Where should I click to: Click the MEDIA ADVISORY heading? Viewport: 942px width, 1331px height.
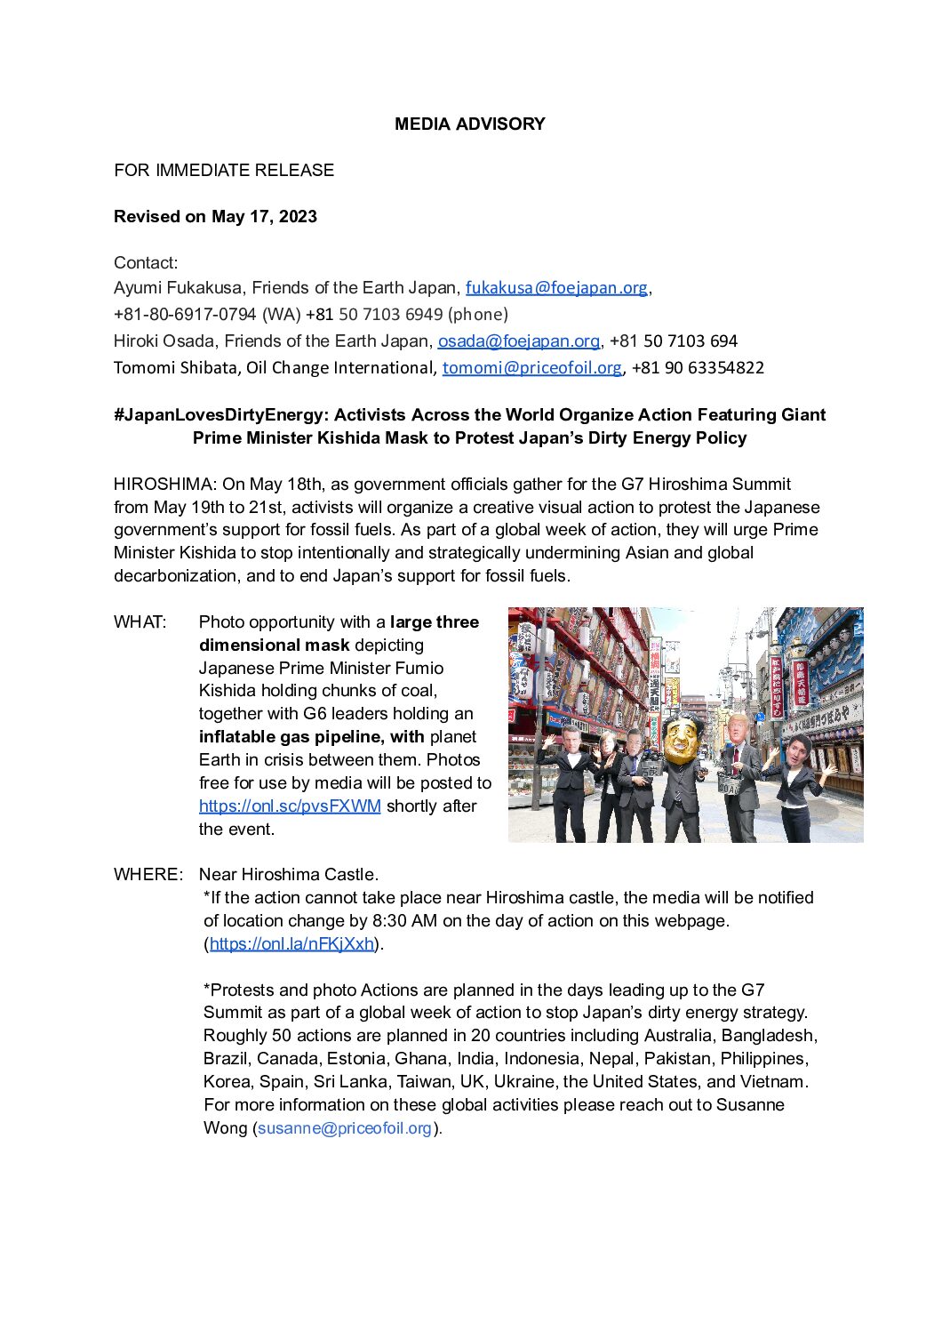pyautogui.click(x=469, y=124)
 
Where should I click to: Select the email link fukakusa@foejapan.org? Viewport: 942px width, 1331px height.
pyautogui.click(x=556, y=288)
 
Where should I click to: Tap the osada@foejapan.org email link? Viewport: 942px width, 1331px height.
pyautogui.click(x=518, y=341)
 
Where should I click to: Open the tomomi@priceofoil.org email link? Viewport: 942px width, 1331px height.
pyautogui.click(x=531, y=368)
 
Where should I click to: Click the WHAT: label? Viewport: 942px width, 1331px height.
pyautogui.click(x=140, y=622)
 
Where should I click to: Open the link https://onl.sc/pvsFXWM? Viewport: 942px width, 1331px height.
pyautogui.click(x=290, y=806)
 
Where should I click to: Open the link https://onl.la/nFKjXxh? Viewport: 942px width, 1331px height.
pyautogui.click(x=291, y=944)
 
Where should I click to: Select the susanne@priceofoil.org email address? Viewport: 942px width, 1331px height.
pyautogui.click(x=344, y=1128)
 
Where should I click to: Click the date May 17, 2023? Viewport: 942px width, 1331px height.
pyautogui.click(x=264, y=217)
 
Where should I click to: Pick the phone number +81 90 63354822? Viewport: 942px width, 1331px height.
pyautogui.click(x=698, y=368)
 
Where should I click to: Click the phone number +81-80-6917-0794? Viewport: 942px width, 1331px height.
pyautogui.click(x=185, y=315)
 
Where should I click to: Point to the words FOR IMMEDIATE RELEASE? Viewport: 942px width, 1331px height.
pyautogui.click(x=224, y=171)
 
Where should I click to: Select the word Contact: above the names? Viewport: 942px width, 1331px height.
pyautogui.click(x=146, y=263)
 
